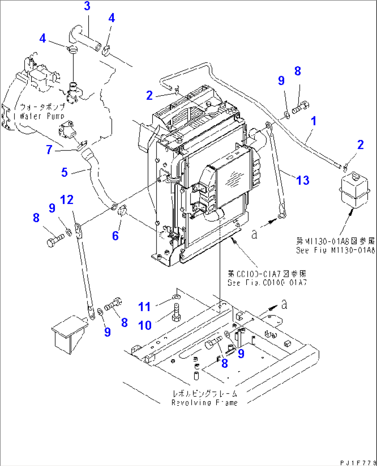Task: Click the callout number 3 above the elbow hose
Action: pyautogui.click(x=87, y=6)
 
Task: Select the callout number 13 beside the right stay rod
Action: pyautogui.click(x=303, y=180)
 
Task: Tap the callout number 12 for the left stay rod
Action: pyautogui.click(x=67, y=200)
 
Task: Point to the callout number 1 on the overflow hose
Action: pyautogui.click(x=313, y=121)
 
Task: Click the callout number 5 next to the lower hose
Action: pyautogui.click(x=64, y=172)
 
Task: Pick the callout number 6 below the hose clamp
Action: pyautogui.click(x=116, y=236)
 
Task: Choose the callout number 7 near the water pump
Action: pyautogui.click(x=49, y=150)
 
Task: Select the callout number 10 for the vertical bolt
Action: pyautogui.click(x=145, y=325)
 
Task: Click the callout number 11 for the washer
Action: pyautogui.click(x=144, y=307)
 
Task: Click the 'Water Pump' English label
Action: pyautogui.click(x=42, y=116)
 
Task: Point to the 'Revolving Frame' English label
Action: pyautogui.click(x=204, y=403)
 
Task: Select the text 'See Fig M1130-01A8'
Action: pyautogui.click(x=335, y=250)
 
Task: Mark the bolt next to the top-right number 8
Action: pyautogui.click(x=300, y=107)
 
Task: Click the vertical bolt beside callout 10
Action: pyautogui.click(x=176, y=312)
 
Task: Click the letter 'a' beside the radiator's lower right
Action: pyautogui.click(x=254, y=234)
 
